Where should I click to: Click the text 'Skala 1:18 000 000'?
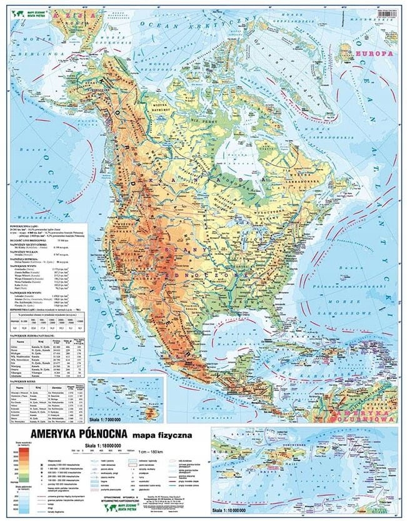tap(161, 444)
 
